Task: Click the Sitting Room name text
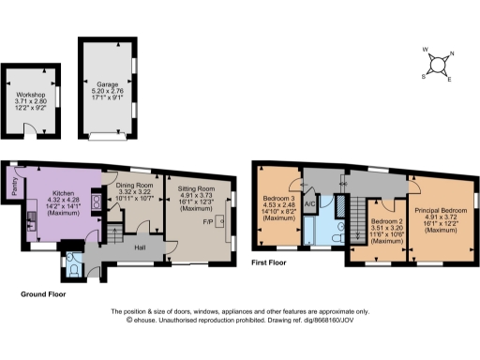pyautogui.click(x=197, y=188)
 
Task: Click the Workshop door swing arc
pyautogui.click(x=29, y=128)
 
